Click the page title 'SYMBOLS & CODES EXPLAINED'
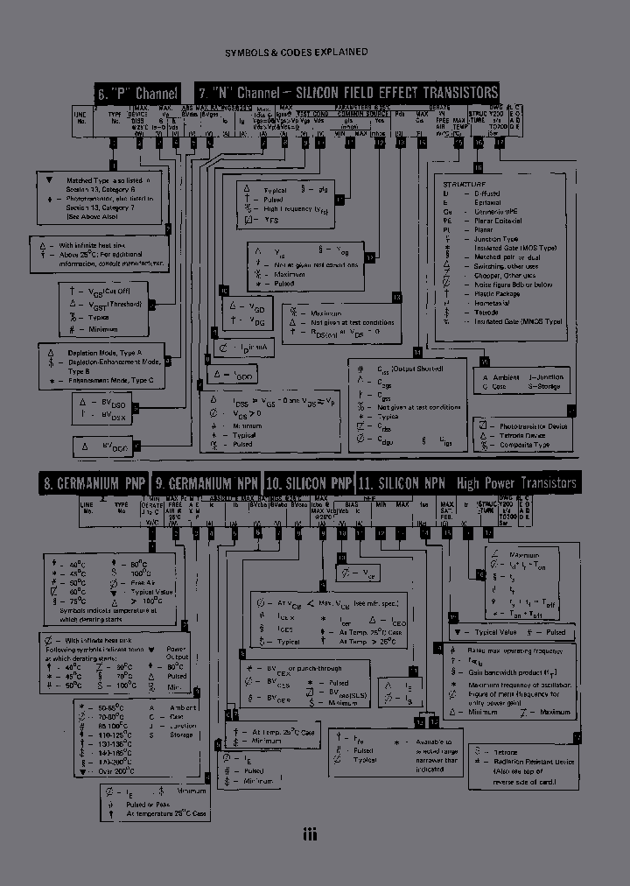click(x=296, y=53)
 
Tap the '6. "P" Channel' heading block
click(x=138, y=93)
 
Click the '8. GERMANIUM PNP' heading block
click(x=94, y=483)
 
